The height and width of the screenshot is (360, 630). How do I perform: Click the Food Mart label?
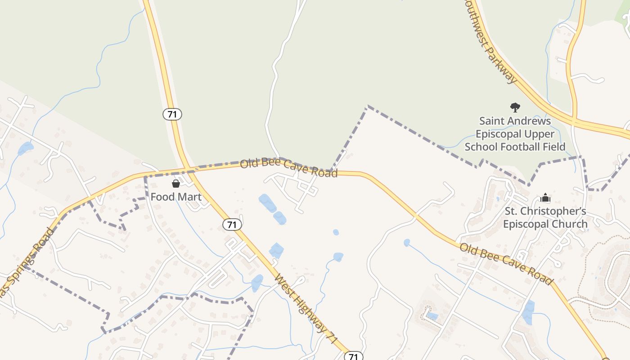click(176, 197)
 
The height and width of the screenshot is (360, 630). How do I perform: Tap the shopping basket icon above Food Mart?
click(176, 184)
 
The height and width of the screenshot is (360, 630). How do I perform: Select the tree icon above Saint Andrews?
click(515, 108)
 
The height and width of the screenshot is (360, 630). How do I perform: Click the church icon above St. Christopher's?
click(545, 198)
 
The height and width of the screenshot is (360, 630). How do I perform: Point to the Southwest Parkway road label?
click(491, 41)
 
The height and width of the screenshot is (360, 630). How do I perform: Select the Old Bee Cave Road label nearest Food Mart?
click(288, 168)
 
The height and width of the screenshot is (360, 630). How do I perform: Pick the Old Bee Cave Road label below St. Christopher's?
click(506, 263)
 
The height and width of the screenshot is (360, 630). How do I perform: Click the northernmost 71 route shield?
click(172, 114)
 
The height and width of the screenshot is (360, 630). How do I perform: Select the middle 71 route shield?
click(232, 225)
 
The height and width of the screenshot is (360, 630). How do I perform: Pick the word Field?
click(553, 147)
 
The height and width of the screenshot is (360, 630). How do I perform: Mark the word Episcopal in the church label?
click(522, 224)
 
